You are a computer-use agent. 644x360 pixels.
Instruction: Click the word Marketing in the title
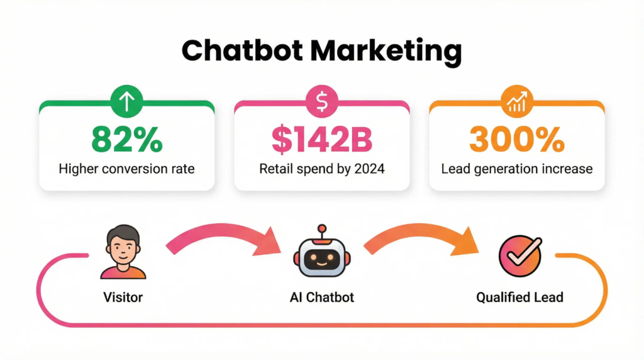click(386, 52)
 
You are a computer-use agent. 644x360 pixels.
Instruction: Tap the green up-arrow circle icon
click(126, 101)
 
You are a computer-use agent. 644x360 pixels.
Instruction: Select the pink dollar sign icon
click(321, 101)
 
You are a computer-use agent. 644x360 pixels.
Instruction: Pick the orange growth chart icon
click(517, 101)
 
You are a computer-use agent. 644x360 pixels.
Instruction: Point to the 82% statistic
click(127, 140)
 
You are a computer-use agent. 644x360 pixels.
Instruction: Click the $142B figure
click(322, 140)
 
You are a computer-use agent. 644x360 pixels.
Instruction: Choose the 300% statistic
click(517, 140)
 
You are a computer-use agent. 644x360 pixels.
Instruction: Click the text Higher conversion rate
click(126, 169)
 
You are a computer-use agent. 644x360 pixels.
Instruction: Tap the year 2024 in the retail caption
click(369, 169)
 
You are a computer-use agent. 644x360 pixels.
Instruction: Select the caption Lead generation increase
click(517, 169)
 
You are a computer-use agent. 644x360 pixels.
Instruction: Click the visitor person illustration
click(123, 252)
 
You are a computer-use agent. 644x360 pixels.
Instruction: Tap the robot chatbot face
click(322, 259)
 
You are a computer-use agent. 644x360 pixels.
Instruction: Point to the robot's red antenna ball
click(322, 228)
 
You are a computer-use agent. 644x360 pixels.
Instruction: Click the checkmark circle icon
click(520, 256)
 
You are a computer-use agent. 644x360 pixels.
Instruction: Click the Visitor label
click(123, 297)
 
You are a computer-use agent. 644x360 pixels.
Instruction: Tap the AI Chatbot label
click(322, 297)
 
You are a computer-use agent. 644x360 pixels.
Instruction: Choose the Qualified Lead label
click(520, 297)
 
